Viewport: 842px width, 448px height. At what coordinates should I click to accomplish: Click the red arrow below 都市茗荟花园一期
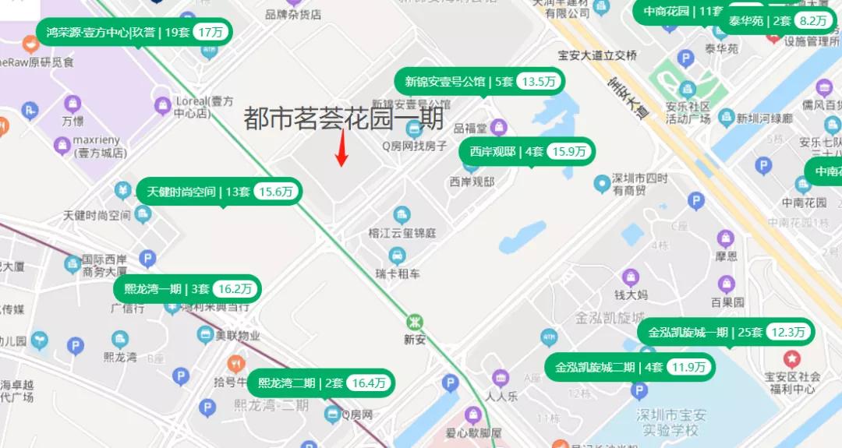(341, 149)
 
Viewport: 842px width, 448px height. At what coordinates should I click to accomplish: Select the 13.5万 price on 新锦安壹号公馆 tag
(540, 82)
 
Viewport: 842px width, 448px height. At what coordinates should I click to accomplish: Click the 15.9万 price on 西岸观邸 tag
(569, 152)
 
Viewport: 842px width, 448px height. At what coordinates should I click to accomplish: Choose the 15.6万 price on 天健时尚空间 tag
(276, 192)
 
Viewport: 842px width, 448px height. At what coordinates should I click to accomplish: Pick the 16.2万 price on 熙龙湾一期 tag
(235, 289)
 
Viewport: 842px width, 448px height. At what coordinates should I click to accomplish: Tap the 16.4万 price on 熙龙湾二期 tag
(369, 383)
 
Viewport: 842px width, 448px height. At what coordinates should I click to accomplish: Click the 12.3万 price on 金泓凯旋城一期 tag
(789, 332)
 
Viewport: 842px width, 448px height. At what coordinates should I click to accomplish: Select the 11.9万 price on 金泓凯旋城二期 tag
(689, 367)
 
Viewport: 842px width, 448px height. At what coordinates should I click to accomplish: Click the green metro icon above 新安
(415, 321)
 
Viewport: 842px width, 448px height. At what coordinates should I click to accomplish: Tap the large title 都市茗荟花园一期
(343, 118)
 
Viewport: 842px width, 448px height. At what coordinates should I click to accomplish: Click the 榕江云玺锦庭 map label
(402, 233)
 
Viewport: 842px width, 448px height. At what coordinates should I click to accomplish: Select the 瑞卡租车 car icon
(397, 255)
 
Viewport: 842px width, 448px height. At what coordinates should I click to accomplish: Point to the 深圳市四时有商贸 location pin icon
(601, 184)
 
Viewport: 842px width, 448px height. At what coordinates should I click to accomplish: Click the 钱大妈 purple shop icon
(630, 277)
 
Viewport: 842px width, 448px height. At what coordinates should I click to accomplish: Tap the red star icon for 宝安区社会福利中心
(792, 359)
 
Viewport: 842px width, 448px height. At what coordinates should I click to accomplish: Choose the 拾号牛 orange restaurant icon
(235, 364)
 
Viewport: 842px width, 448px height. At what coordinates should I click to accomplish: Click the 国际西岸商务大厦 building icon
(73, 265)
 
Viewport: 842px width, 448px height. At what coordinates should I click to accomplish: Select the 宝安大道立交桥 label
(597, 55)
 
